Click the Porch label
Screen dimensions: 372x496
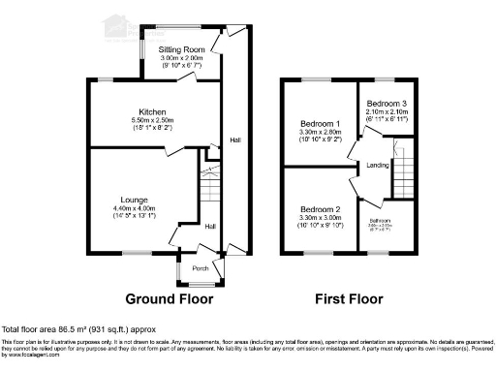[x=201, y=268]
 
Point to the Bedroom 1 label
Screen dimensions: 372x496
[x=320, y=125]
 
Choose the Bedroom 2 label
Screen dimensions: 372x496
[x=319, y=209]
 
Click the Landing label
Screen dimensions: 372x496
[x=380, y=166]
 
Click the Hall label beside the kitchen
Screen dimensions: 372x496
[x=235, y=141]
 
